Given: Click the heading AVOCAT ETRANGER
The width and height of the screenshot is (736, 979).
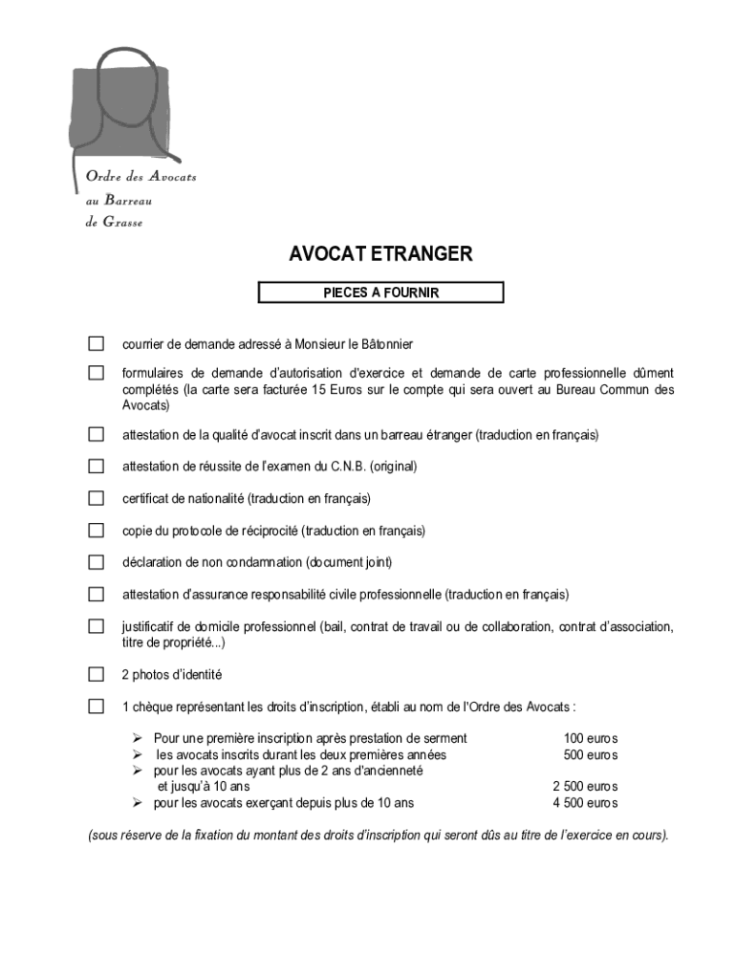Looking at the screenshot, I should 380,254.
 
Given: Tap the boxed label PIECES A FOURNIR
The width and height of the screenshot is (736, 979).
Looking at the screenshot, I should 380,293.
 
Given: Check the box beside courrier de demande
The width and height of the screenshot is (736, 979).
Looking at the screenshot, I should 97,343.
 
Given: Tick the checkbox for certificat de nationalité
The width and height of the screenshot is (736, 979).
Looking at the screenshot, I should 97,498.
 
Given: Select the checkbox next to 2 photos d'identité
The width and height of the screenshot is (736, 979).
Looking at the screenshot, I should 97,674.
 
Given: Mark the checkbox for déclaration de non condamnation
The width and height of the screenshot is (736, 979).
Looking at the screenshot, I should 97,562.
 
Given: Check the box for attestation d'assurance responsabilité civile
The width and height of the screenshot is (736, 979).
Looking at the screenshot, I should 97,594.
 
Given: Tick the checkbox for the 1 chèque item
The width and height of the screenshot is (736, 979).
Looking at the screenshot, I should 97,707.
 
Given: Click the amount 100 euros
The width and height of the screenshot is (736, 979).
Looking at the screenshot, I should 590,738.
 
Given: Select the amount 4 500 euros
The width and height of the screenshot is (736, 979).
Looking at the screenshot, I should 585,803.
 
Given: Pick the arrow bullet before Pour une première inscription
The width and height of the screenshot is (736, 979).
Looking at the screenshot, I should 137,738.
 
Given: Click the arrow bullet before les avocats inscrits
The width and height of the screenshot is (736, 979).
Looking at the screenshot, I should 137,754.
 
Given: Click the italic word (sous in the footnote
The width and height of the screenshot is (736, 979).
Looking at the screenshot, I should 103,835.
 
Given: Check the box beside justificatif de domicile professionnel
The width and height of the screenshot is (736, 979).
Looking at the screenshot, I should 97,626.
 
